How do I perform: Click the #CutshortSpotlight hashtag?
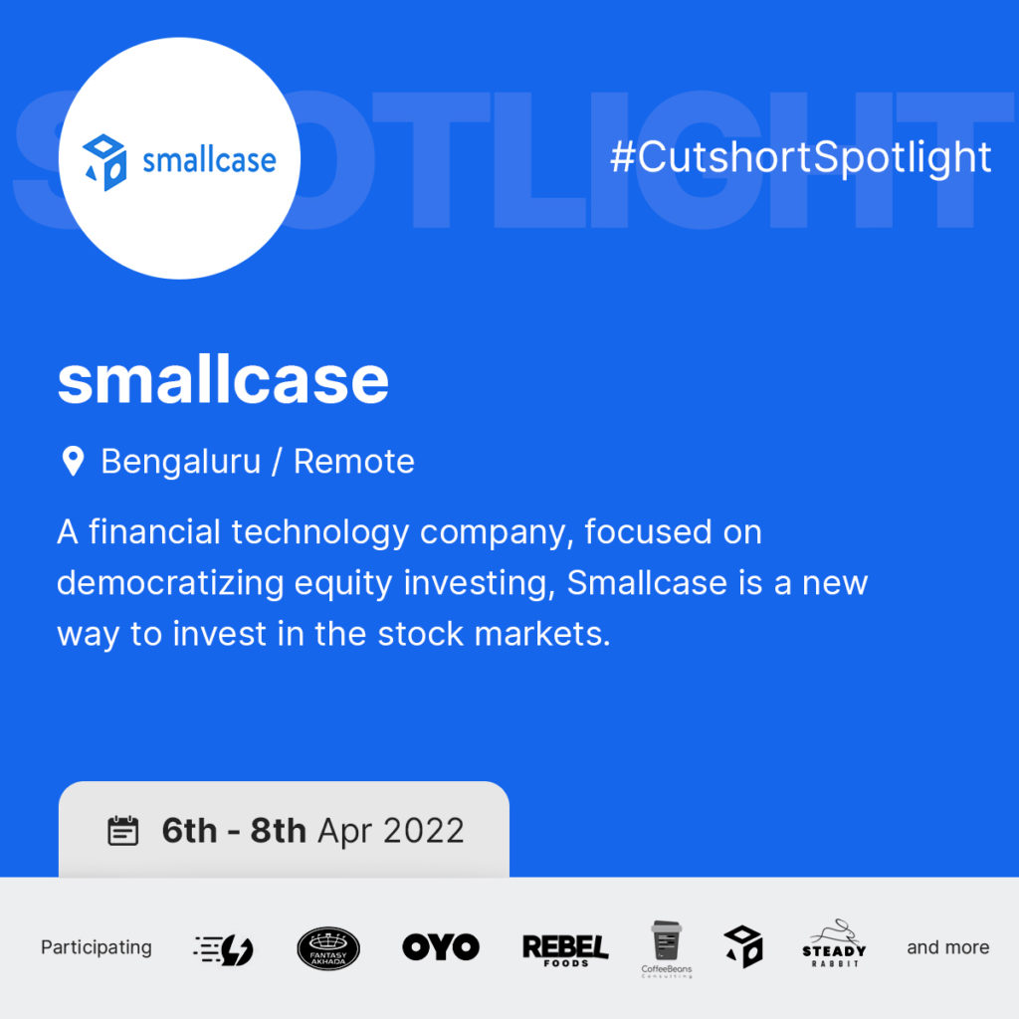coord(801,157)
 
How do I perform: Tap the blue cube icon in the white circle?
coord(104,162)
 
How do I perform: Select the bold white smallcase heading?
coord(223,380)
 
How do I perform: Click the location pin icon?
coord(73,462)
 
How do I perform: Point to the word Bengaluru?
coord(181,462)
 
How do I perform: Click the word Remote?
coord(354,462)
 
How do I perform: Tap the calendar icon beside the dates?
coord(122,831)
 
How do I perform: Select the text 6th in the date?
coord(189,831)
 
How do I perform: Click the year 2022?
coord(424,831)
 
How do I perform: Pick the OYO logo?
coord(441,947)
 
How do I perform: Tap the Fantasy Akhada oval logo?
coord(328,948)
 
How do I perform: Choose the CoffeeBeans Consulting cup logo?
coord(667,948)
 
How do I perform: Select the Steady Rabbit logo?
coord(835,943)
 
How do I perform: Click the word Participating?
coord(97,948)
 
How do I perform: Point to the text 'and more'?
coord(948,947)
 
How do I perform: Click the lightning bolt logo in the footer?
coord(224,949)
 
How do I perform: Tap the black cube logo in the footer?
coord(743,947)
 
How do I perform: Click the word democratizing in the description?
coord(170,583)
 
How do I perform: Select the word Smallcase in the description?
coord(647,582)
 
